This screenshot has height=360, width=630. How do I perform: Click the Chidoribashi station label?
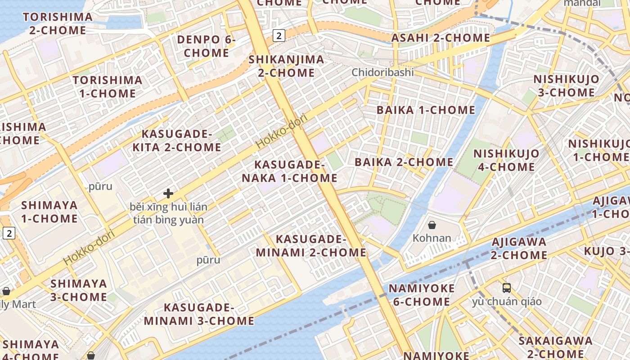pos(382,72)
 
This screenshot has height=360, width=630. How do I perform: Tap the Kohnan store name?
pos(432,238)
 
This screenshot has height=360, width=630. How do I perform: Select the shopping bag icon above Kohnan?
pos(432,225)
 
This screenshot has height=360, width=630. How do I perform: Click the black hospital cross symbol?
pos(168,193)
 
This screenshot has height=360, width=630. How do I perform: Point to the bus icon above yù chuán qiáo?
pos(507,288)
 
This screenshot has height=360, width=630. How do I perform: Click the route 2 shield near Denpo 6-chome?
pos(279,35)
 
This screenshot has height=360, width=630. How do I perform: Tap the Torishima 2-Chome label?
pos(58,24)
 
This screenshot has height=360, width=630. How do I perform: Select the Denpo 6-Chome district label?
pos(207,46)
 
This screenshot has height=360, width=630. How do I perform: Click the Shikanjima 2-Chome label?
pos(286,66)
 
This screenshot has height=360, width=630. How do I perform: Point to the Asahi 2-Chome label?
pos(441,38)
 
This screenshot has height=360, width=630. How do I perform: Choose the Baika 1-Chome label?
pos(426,110)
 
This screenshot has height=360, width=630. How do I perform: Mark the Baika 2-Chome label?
pos(404,162)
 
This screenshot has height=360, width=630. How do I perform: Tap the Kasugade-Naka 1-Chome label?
pos(289,171)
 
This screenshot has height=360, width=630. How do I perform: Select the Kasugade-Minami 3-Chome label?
pos(199,314)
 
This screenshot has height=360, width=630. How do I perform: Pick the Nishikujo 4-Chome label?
pos(506,160)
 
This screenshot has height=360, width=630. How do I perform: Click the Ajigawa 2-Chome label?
pos(519,248)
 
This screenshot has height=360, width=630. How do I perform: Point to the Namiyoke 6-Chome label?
pos(422,295)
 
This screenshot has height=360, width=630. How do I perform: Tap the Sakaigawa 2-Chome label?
pos(555,347)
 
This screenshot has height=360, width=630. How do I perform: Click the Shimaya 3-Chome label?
pos(79,290)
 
